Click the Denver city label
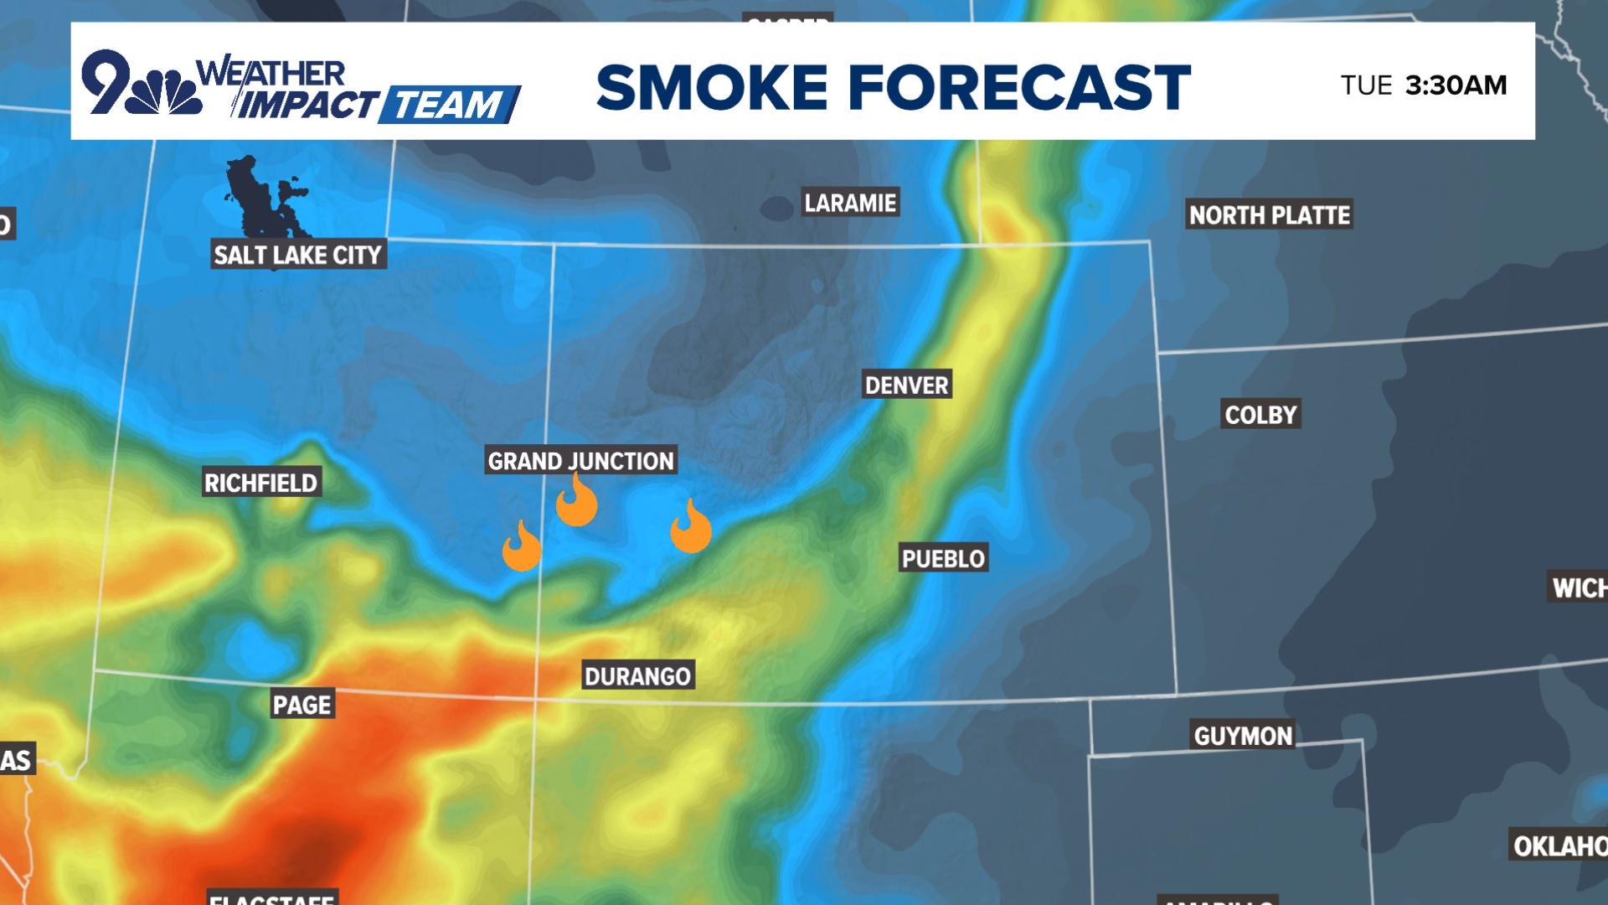tap(907, 385)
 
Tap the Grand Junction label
tap(580, 461)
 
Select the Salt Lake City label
tap(297, 255)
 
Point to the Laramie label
tap(850, 203)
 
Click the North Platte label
tap(1270, 215)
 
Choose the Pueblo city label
tap(943, 559)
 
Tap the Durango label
tap(637, 676)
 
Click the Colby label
tap(1260, 415)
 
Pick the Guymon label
tap(1243, 737)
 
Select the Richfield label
tap(261, 484)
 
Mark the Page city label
tap(302, 705)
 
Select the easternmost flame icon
tap(691, 529)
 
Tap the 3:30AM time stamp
tap(1456, 85)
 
